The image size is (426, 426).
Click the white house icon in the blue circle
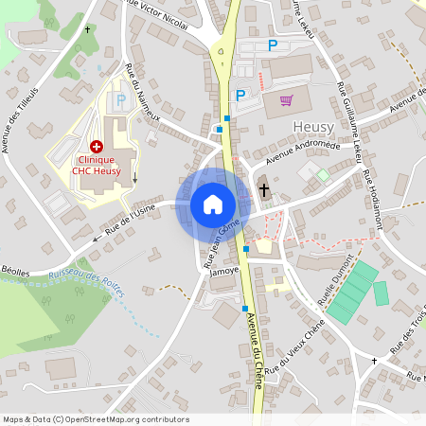coord(213,204)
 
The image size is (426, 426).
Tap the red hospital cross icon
coord(96,147)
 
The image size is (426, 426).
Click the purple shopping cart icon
coord(286,99)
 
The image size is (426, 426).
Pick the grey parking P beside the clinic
coord(120,98)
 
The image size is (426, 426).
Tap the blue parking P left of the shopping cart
coord(240,95)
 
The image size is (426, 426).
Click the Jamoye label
coord(224,270)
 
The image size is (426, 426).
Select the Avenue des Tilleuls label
coord(18,126)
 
